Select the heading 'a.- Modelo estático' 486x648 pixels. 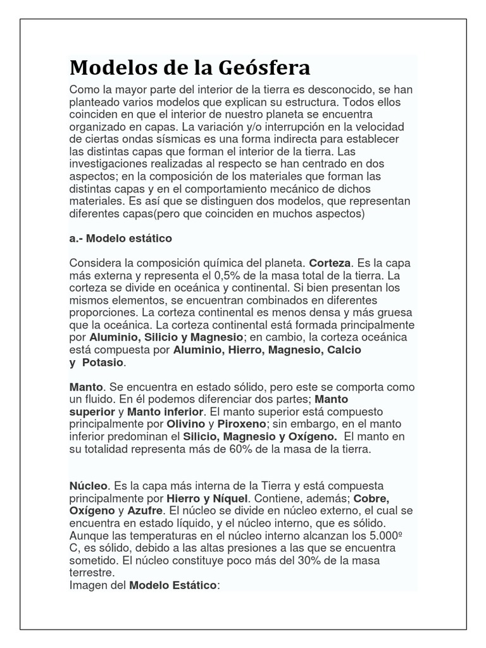pyautogui.click(x=120, y=239)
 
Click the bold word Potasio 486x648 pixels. pyautogui.click(x=102, y=363)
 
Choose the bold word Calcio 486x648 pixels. pyautogui.click(x=342, y=349)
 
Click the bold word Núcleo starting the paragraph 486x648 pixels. pyautogui.click(x=89, y=485)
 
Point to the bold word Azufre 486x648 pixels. pyautogui.click(x=146, y=510)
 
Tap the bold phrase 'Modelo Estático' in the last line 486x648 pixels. pyautogui.click(x=173, y=585)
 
